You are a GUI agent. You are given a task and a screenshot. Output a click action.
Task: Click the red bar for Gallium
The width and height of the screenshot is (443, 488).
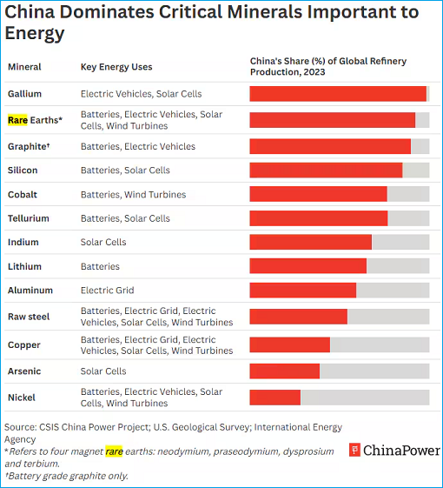[338, 94]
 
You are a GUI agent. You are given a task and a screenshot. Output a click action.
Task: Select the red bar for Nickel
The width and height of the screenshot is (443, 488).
[274, 398]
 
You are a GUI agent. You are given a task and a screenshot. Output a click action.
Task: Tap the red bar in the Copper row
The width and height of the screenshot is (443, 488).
[289, 344]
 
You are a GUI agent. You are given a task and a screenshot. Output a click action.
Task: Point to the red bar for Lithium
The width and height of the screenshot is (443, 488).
[307, 266]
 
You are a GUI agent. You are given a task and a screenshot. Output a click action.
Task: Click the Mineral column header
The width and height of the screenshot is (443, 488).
[24, 66]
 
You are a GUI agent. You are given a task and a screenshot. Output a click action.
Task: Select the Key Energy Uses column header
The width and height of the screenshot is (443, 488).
[117, 66]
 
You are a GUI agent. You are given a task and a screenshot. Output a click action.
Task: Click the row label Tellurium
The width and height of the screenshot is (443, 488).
[29, 218]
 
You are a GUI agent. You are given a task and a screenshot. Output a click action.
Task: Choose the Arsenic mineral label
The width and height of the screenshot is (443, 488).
[24, 371]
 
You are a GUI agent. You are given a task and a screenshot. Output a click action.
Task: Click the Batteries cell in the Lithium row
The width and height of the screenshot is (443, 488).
[100, 266]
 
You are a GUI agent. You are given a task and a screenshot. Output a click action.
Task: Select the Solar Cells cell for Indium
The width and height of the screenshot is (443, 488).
[103, 242]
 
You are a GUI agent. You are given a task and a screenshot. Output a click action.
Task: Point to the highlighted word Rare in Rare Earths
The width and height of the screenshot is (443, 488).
[17, 120]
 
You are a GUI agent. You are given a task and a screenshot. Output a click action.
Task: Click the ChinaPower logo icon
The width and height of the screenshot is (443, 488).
[354, 450]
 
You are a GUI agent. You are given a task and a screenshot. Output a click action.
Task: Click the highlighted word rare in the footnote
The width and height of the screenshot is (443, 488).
[114, 451]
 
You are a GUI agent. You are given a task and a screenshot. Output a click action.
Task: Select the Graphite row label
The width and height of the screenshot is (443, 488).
[27, 146]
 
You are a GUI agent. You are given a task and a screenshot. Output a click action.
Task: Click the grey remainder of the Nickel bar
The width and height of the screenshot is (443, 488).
[365, 398]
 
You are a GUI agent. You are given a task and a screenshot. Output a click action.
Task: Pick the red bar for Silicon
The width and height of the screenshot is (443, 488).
[326, 170]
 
